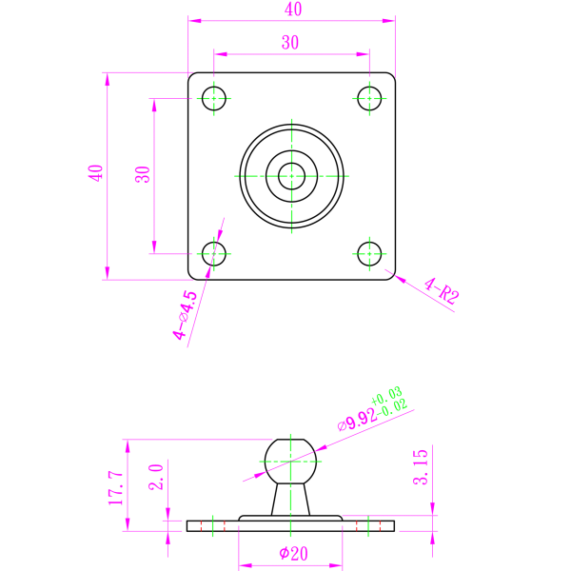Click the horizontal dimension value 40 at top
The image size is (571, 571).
[293, 10]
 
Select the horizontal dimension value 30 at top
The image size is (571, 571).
[290, 43]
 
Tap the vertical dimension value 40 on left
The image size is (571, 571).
[95, 173]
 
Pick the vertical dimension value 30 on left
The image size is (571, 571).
[143, 175]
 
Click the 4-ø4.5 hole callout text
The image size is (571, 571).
[186, 315]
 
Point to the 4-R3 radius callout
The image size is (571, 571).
[442, 291]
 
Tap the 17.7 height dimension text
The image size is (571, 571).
[116, 487]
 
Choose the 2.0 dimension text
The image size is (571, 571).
[157, 476]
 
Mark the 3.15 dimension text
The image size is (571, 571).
[421, 467]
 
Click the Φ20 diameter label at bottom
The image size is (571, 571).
[293, 554]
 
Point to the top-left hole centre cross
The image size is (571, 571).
[214, 98]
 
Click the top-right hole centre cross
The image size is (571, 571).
[369, 98]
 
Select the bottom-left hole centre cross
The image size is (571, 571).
[214, 254]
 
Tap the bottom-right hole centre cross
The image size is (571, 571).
[369, 254]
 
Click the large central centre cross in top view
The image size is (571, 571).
[291, 176]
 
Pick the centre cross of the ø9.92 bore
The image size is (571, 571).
[290, 462]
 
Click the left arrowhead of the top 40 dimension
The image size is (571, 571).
[193, 20]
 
